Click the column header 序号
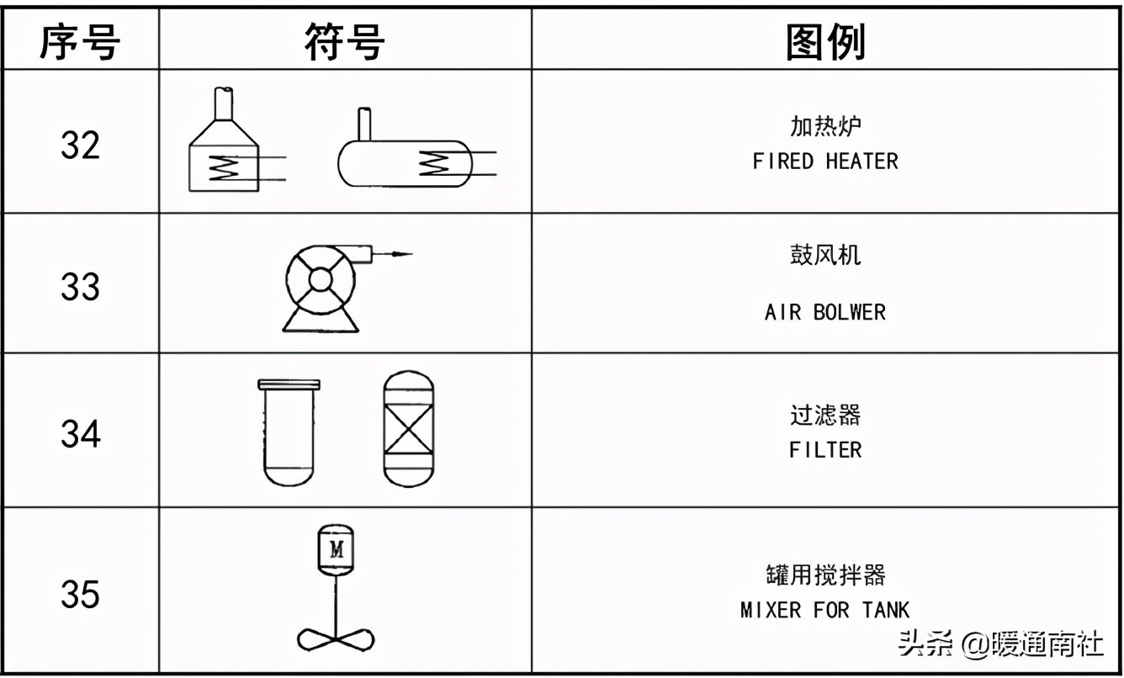80,40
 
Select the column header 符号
345,40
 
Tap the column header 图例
825,40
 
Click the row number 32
80,145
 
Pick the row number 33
80,287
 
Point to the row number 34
80,434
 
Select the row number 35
80,595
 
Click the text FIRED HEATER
825,162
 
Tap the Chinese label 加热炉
825,126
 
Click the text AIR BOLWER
825,313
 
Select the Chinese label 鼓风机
825,255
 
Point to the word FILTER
825,450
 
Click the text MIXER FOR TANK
825,610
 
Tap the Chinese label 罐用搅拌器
825,575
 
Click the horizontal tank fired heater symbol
404,162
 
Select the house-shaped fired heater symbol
223,156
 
